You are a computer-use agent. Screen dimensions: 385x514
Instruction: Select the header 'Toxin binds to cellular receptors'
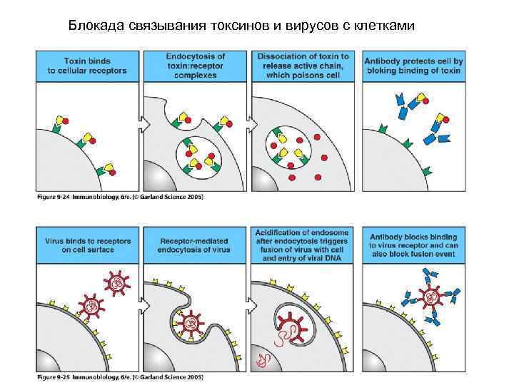87,65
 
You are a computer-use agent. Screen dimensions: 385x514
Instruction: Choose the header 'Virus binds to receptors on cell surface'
87,245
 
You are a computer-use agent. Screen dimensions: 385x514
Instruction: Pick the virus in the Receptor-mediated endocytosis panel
191,323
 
